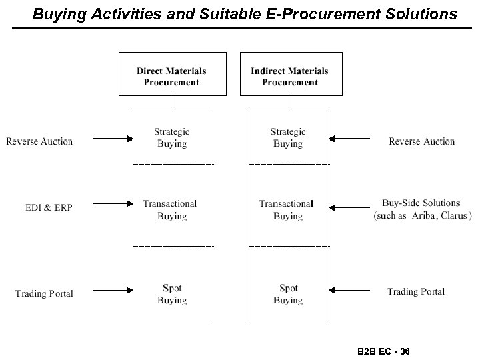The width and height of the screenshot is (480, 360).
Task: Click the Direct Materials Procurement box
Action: click(172, 73)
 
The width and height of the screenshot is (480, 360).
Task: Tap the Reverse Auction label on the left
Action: click(39, 141)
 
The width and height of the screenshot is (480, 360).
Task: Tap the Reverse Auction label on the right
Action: click(421, 141)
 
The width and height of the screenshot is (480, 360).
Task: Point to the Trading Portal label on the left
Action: click(44, 293)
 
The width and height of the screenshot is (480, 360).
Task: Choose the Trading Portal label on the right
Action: click(416, 291)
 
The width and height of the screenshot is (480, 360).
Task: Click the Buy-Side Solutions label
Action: click(421, 203)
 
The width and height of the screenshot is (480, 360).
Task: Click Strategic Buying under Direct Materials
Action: click(172, 138)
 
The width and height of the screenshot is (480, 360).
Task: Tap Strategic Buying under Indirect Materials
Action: click(288, 138)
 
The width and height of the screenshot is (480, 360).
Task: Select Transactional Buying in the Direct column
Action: click(170, 210)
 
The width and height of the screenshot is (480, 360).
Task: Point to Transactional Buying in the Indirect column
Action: click(287, 210)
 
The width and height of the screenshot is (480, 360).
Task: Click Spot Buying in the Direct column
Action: click(172, 294)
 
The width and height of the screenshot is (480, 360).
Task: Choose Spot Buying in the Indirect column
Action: click(288, 294)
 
